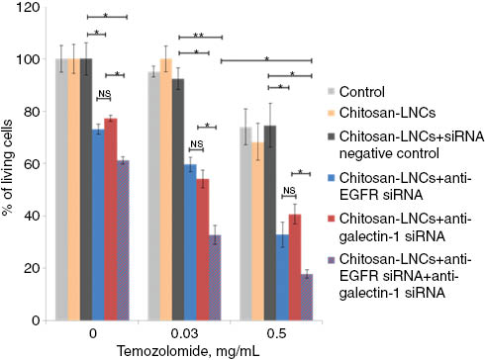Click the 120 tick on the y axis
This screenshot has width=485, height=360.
tap(35, 8)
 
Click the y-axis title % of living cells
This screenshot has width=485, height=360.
tap(9, 163)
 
